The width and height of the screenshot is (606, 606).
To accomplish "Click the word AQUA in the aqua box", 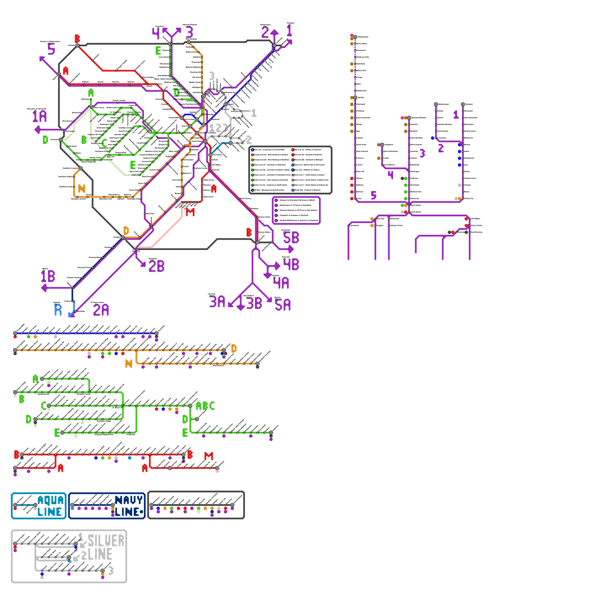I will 51,500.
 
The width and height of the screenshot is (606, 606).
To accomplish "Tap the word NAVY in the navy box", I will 128,500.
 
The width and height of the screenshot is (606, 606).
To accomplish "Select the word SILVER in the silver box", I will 106,541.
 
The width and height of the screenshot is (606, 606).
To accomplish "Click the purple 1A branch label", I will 39,116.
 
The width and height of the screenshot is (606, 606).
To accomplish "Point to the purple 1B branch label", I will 48,276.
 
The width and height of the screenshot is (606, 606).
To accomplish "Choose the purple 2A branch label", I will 101,310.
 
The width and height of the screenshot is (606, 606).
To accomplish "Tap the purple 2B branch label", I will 156,266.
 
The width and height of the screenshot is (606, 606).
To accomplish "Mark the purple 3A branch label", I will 217,302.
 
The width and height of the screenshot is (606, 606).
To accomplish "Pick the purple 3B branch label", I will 254,303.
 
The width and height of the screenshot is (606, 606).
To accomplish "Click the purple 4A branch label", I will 281,283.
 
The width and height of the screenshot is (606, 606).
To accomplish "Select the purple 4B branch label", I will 291,264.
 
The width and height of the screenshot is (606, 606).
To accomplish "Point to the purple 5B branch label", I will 291,238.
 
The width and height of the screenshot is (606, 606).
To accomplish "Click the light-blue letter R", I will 58,310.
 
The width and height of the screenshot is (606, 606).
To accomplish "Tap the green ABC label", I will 205,406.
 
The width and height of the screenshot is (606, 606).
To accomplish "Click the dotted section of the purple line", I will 355,68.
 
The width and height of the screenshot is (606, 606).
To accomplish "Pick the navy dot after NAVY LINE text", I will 142,512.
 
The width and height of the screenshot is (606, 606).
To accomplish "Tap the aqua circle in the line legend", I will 293,165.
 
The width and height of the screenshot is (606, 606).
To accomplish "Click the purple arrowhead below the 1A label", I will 37,130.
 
